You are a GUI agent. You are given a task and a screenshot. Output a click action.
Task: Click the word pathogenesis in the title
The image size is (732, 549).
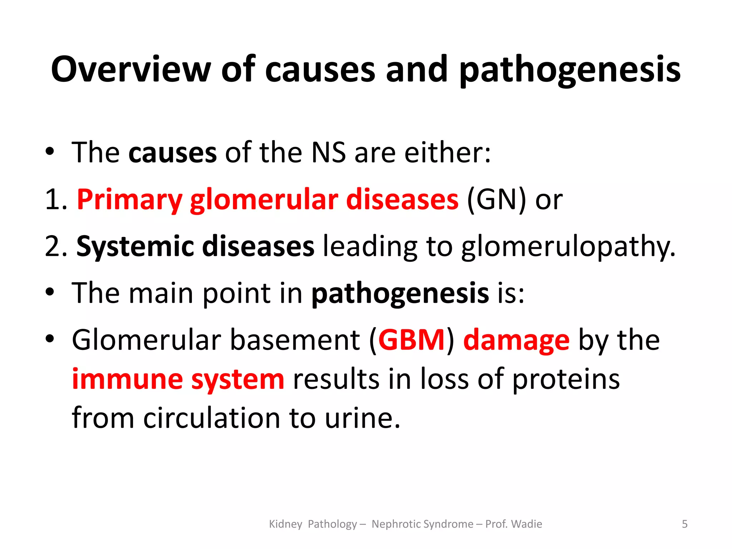[x=570, y=70]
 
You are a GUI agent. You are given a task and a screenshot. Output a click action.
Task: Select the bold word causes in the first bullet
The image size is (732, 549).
[x=172, y=153]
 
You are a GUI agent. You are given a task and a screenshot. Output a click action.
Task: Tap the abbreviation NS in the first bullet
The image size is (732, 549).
[x=328, y=153]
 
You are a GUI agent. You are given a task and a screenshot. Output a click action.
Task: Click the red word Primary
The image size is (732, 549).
[x=129, y=200]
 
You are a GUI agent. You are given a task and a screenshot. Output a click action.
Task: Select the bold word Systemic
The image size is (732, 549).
[x=135, y=246]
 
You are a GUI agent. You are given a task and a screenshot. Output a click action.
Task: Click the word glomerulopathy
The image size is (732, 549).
[x=568, y=247]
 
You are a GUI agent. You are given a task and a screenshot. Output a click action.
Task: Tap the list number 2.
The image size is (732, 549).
[x=54, y=246]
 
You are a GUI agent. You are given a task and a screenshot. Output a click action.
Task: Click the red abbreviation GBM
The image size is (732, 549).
[x=411, y=340]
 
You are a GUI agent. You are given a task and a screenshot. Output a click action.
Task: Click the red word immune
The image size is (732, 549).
[x=127, y=379]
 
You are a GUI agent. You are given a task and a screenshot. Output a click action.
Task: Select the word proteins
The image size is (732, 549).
[x=566, y=380]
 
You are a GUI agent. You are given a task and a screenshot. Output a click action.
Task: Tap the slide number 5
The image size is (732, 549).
[x=684, y=524]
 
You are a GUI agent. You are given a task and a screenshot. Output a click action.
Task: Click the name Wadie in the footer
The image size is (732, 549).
[x=526, y=524]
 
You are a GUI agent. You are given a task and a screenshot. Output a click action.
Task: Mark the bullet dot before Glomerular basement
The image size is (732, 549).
[x=50, y=338]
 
